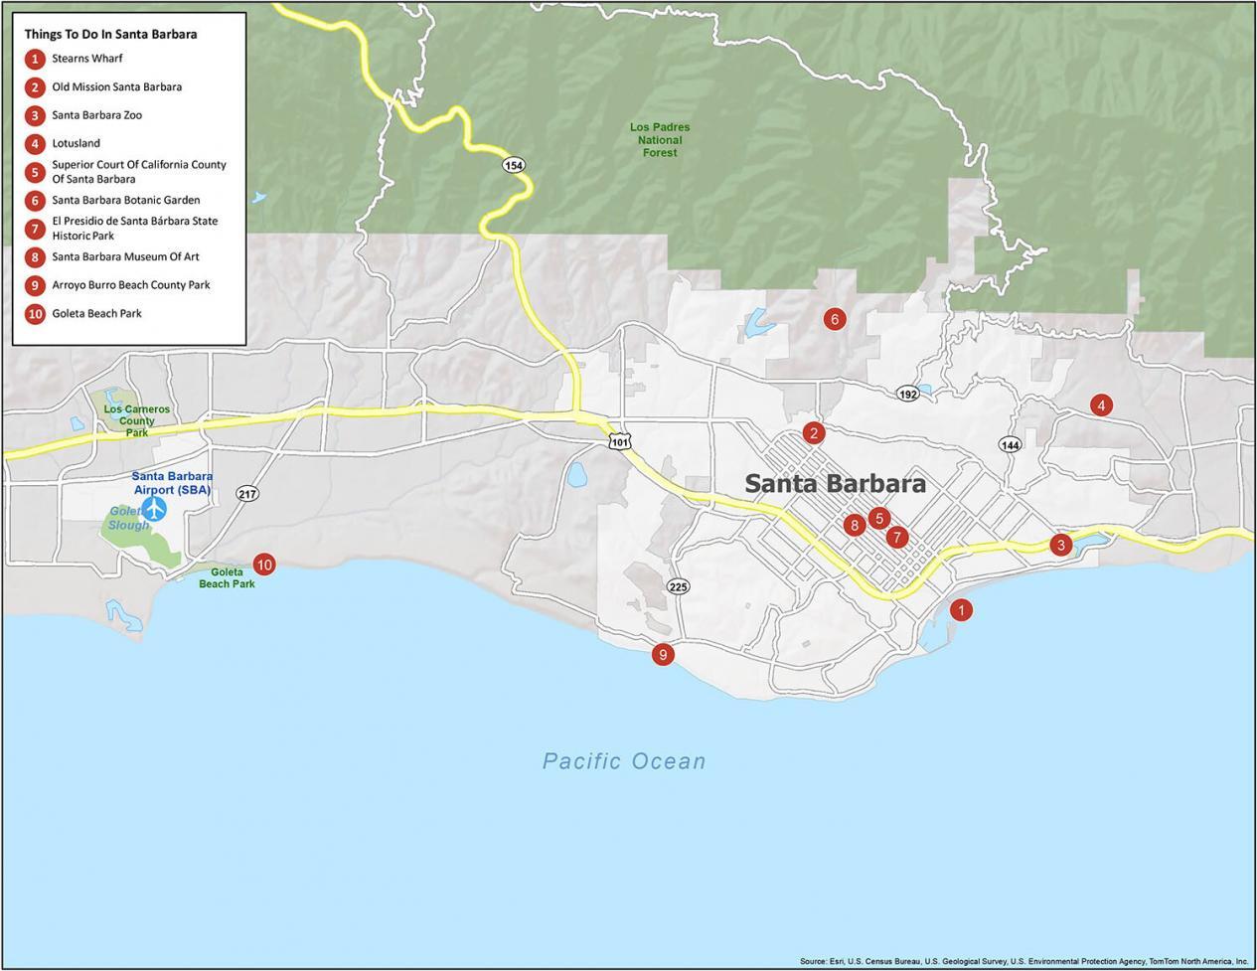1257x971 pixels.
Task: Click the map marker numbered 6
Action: click(x=834, y=319)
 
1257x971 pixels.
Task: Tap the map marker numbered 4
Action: click(x=1100, y=405)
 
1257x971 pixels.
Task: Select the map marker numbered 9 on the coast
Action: click(x=663, y=654)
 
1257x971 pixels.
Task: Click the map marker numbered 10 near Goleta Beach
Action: click(x=263, y=565)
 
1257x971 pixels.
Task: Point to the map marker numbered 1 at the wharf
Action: click(x=961, y=610)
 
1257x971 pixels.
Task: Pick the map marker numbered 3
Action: click(x=1061, y=545)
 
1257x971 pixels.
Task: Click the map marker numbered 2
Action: click(x=814, y=432)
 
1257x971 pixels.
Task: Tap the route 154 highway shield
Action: click(x=513, y=165)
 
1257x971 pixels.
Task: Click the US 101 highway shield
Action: click(x=619, y=440)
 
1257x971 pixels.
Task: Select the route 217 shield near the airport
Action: click(x=247, y=494)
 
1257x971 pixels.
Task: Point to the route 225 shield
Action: click(x=679, y=586)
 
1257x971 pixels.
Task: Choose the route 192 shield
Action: click(x=907, y=394)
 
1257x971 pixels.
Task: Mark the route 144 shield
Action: click(x=1011, y=444)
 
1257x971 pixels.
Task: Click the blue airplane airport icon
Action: click(x=154, y=508)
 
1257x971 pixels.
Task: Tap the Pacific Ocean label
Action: click(x=624, y=761)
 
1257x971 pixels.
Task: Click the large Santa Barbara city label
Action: click(x=835, y=484)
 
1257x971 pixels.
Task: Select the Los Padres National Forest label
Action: click(x=660, y=140)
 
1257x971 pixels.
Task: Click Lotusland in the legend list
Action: click(x=76, y=143)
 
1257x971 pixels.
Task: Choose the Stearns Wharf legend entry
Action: click(x=86, y=59)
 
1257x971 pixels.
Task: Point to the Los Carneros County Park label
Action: click(x=137, y=420)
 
